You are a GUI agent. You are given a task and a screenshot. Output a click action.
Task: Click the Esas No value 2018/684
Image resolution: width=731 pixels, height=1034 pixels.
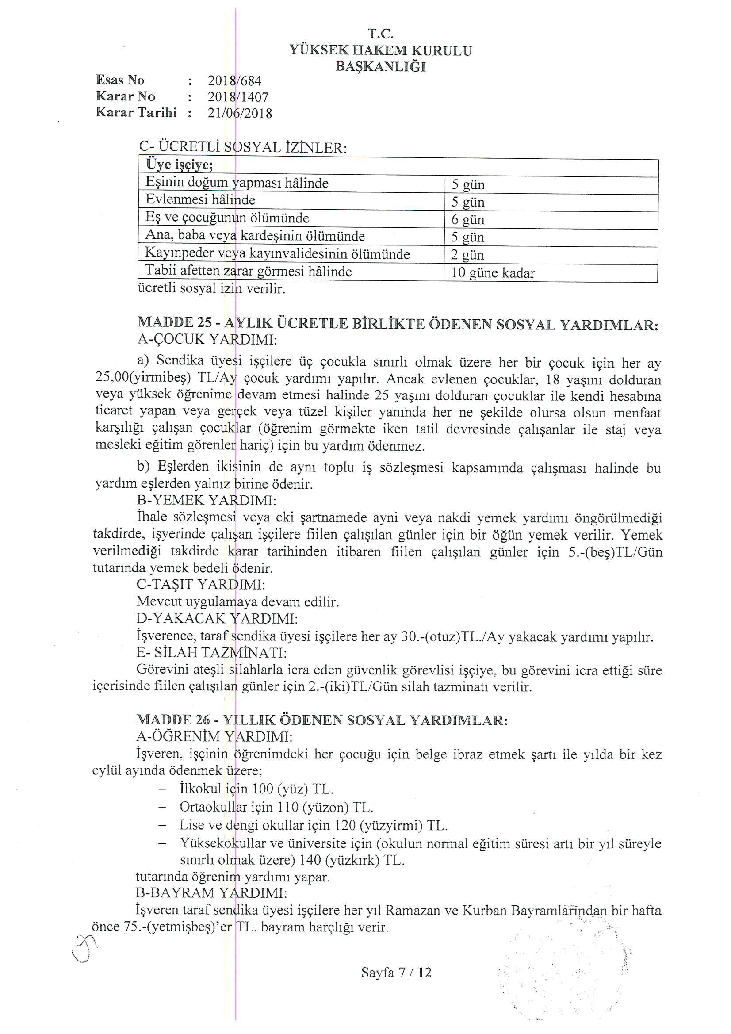[234, 81]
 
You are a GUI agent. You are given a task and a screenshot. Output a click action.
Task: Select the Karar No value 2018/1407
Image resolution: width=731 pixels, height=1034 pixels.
[238, 97]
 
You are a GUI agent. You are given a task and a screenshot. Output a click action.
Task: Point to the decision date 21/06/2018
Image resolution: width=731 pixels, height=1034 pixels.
[240, 113]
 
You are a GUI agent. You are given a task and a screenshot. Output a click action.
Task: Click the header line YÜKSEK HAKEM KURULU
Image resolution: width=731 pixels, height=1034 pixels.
[381, 50]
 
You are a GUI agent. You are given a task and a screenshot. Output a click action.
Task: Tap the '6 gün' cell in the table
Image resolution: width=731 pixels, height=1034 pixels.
[467, 220]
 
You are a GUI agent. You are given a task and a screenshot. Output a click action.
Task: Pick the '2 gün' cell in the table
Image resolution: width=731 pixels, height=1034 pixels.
[467, 255]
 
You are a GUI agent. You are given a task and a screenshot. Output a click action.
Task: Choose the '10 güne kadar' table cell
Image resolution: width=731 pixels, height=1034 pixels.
[493, 273]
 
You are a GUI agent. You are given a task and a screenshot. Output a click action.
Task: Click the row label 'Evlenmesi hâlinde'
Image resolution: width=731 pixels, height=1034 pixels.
[200, 199]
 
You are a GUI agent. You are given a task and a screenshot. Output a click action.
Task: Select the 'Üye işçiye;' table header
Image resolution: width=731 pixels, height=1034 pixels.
[179, 165]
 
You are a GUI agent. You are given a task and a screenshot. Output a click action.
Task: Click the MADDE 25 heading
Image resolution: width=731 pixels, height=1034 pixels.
[398, 324]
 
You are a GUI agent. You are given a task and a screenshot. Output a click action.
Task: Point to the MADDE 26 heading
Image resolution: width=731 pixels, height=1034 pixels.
[322, 720]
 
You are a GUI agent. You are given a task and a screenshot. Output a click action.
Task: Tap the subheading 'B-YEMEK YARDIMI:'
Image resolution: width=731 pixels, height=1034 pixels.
[206, 500]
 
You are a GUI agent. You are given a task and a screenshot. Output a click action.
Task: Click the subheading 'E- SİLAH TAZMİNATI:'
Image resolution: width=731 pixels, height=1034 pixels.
[211, 653]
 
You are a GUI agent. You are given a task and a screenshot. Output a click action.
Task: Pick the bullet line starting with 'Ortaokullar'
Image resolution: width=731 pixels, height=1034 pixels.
[276, 808]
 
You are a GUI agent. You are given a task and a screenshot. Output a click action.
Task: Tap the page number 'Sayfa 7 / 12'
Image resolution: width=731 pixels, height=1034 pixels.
[396, 973]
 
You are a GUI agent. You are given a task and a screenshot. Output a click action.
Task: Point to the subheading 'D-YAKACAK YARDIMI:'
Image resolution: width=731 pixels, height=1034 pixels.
[217, 619]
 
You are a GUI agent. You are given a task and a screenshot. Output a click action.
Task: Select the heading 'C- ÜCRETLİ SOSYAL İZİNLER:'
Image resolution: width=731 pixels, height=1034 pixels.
[243, 148]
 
